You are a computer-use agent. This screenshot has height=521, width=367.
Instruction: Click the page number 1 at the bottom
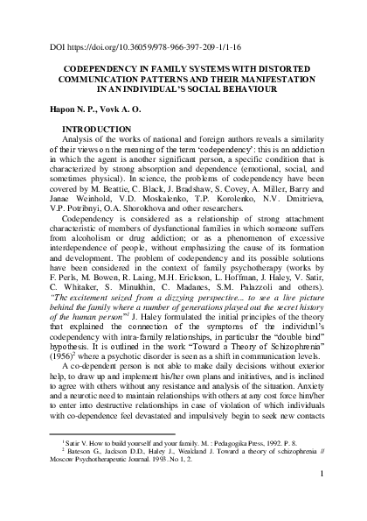click(322, 499)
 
